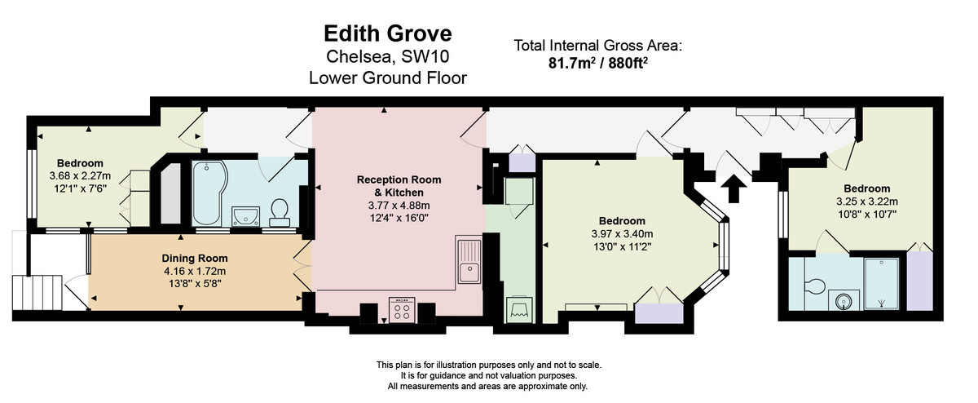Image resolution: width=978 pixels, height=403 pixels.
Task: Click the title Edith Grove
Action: [x=387, y=33]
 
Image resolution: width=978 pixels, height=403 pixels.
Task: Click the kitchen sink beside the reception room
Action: [x=470, y=260]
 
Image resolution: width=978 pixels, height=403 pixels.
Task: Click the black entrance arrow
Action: [x=733, y=188]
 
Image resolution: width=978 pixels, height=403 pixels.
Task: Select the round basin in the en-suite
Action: [x=844, y=300]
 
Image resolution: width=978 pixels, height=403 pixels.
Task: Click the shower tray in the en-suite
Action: [x=880, y=283]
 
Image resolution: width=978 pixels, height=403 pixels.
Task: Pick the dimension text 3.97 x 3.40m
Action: [x=622, y=234]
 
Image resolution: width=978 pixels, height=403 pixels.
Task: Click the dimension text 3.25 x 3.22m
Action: [x=866, y=201]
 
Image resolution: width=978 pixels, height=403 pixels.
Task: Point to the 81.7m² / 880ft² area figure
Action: [x=598, y=61]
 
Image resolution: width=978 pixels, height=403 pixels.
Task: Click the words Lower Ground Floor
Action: [x=387, y=78]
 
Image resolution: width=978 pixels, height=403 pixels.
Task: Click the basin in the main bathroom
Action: [x=245, y=215]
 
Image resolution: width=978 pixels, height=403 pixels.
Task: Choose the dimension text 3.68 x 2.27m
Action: [x=80, y=175]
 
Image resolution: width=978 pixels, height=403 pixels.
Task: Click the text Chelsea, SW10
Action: [x=387, y=57]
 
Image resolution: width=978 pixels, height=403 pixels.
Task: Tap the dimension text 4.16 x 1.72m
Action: [x=194, y=272]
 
